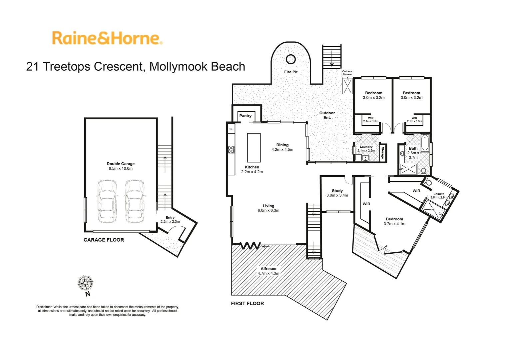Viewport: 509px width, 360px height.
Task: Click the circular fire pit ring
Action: pos(290,59)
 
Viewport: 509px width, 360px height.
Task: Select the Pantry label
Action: pos(246,116)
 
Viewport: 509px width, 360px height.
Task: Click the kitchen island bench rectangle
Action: pos(254,147)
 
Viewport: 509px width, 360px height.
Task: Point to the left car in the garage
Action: pos(107,201)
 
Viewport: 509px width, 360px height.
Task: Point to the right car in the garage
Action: pos(134,201)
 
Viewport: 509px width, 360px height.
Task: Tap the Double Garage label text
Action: pos(121,164)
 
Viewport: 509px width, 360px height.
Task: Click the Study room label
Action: pos(337,191)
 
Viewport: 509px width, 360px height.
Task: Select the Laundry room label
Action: pos(366,147)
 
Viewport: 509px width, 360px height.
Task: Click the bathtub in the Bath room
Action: pos(424,143)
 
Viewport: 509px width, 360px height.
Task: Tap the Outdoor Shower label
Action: pos(347,73)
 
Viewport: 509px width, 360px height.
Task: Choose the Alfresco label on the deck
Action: pos(268,269)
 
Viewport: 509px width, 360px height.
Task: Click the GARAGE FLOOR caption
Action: pos(104,240)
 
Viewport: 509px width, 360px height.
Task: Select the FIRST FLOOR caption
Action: pos(247,303)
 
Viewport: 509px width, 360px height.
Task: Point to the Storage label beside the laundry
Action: pos(382,153)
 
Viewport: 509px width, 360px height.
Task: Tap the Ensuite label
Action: pos(439,194)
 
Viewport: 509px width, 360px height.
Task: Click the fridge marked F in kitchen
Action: pos(231,129)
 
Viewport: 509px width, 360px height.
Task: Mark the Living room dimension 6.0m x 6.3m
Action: pos(268,210)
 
